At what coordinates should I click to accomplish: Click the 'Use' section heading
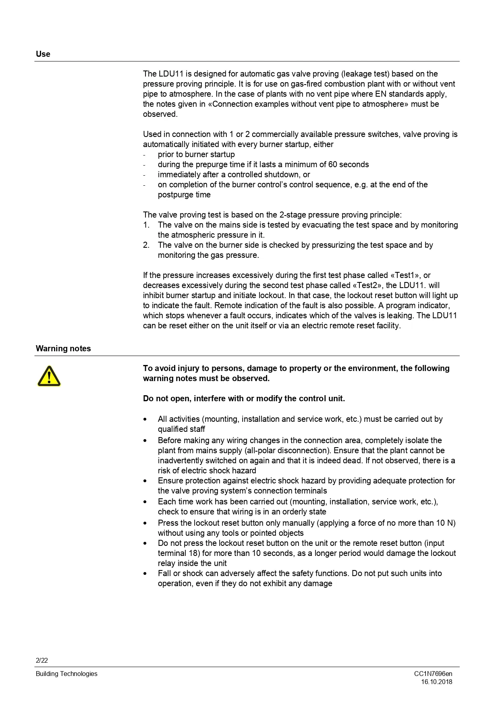tap(43, 54)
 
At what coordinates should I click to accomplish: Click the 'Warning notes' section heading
tap(63, 348)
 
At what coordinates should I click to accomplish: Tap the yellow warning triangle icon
tap(49, 376)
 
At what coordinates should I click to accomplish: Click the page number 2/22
tap(41, 660)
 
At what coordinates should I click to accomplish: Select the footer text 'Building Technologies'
tap(66, 674)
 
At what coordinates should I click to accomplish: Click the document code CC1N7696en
tap(433, 674)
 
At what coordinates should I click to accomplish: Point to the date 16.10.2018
tap(437, 682)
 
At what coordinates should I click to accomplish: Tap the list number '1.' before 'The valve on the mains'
tap(146, 225)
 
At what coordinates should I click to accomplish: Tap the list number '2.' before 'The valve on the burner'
tap(146, 245)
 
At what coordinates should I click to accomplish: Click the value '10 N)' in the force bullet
tap(446, 523)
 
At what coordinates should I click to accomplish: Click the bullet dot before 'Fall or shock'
tap(145, 574)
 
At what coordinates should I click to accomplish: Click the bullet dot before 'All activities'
tap(145, 419)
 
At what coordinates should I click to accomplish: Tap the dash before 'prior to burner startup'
tap(144, 155)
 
